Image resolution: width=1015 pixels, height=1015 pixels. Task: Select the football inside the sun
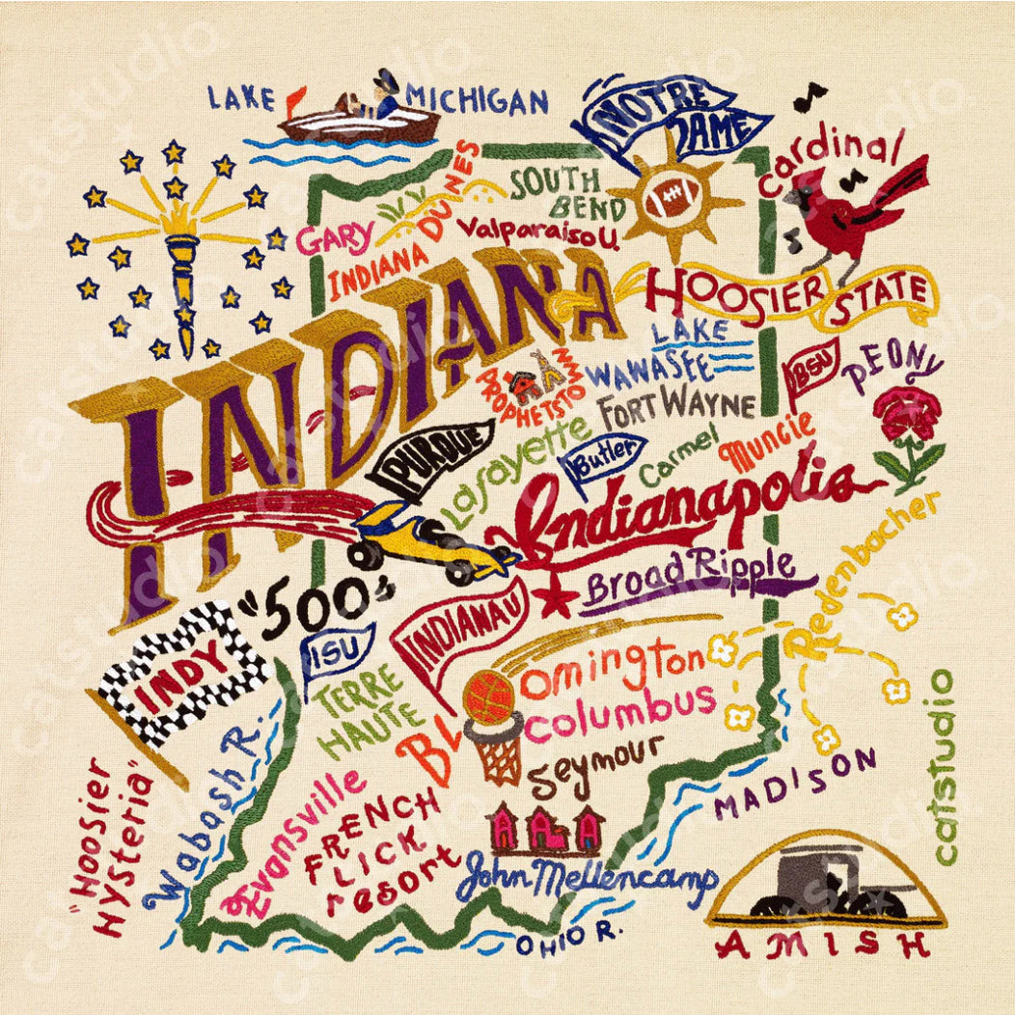click(x=673, y=201)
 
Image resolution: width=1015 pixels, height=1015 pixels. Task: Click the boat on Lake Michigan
click(x=357, y=118)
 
